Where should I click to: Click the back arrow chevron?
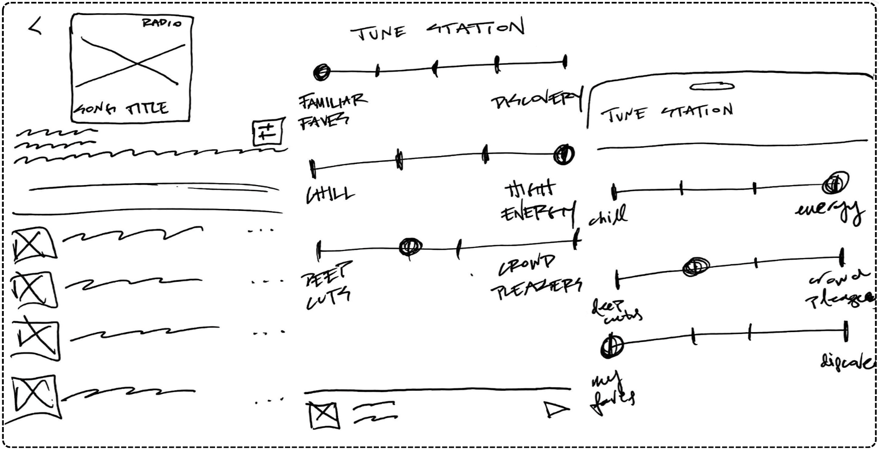click(x=35, y=25)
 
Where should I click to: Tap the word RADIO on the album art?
click(x=162, y=23)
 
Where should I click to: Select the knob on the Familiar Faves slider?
click(x=322, y=72)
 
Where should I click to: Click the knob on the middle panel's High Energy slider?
click(x=563, y=154)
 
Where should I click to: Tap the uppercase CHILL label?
click(x=330, y=194)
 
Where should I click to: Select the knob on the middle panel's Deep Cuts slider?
click(x=410, y=247)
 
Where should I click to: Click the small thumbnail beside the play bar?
click(x=324, y=414)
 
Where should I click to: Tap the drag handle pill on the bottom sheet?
click(x=712, y=86)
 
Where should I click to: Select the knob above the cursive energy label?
click(x=835, y=183)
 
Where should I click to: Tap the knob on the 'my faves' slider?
click(x=612, y=346)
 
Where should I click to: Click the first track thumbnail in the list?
click(x=33, y=244)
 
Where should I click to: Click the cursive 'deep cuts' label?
click(x=615, y=312)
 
